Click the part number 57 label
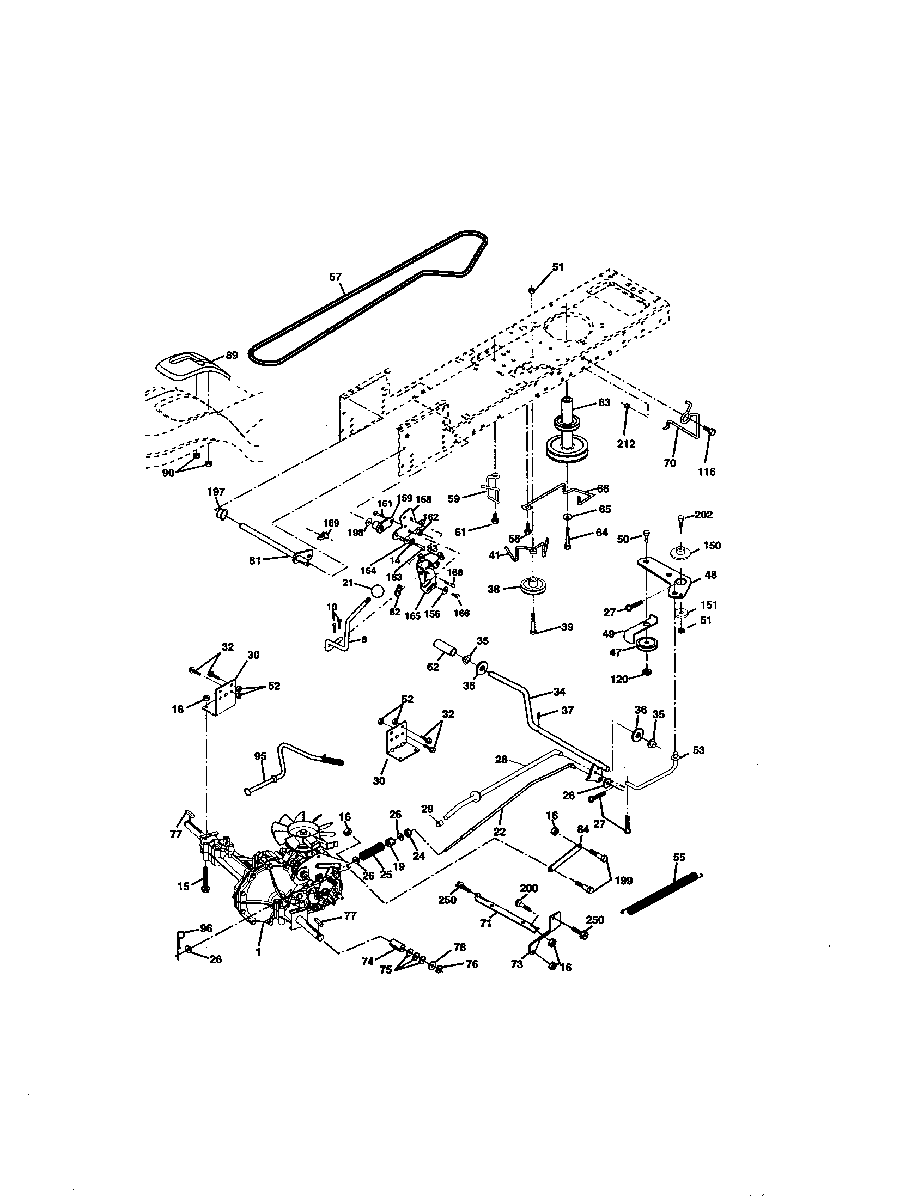(336, 278)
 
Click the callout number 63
(604, 402)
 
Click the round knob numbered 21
(377, 591)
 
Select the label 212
(625, 444)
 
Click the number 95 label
(260, 756)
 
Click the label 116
(707, 472)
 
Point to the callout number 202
(703, 515)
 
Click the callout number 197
(216, 492)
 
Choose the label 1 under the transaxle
(258, 953)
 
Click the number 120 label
(619, 679)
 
